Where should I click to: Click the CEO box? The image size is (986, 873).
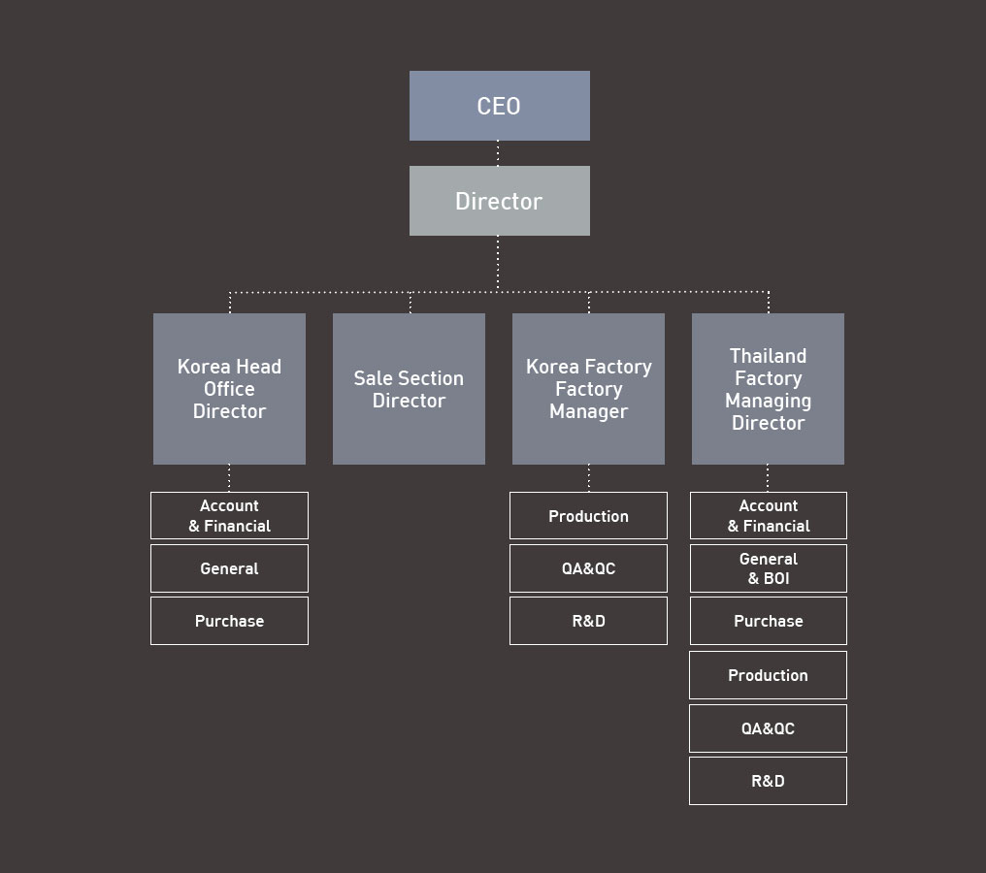point(499,106)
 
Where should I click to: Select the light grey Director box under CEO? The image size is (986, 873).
point(499,201)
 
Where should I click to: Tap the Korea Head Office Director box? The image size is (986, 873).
point(230,389)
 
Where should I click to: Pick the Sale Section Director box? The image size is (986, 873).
point(409,389)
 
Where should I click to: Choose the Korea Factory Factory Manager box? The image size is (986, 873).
point(588,389)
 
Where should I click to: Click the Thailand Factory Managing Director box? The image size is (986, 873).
point(768,389)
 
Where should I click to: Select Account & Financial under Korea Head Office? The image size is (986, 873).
point(230,515)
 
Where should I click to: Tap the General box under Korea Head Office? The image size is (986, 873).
point(230,568)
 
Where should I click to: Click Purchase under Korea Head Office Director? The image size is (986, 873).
point(230,621)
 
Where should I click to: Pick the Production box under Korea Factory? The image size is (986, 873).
point(588,515)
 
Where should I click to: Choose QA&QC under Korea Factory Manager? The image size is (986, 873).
point(588,568)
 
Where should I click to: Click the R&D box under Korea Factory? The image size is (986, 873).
point(588,621)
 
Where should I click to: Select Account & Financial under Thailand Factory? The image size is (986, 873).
point(769,515)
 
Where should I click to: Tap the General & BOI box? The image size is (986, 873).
point(769,568)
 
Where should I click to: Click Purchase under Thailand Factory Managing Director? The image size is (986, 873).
point(769,621)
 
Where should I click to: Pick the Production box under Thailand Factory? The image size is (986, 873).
point(768,675)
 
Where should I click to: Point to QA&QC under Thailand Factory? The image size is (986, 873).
point(768,728)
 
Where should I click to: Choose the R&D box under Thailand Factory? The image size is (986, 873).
point(768,781)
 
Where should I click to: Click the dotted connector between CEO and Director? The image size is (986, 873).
point(498,153)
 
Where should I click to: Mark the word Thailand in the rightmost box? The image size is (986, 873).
point(768,356)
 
